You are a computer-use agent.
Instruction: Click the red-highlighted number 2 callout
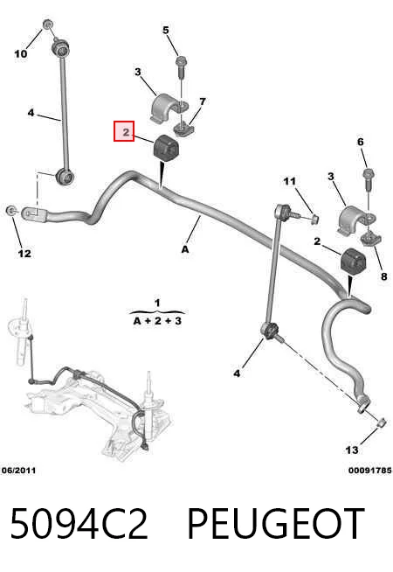click(124, 131)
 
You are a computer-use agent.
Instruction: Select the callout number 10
click(21, 53)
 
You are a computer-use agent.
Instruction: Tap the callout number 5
click(166, 30)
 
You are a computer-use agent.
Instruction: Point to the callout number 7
click(203, 101)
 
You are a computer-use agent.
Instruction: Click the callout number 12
click(24, 253)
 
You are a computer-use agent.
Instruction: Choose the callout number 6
click(360, 142)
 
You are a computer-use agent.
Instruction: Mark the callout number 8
click(384, 276)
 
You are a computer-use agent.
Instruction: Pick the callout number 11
click(290, 181)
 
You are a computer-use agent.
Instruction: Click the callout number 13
click(352, 450)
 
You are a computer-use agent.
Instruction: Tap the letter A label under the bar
click(185, 249)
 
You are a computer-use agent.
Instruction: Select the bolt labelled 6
click(368, 178)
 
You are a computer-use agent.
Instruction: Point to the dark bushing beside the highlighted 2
click(166, 147)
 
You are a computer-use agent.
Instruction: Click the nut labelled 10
click(48, 24)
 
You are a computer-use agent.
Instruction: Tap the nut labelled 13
click(381, 422)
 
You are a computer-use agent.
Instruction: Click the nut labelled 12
click(11, 210)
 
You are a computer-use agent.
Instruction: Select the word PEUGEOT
click(275, 523)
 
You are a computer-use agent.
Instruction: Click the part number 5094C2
click(79, 523)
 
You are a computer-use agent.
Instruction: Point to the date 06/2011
click(18, 471)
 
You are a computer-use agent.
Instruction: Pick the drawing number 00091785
click(370, 471)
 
